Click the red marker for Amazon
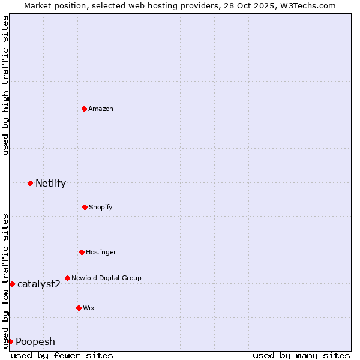[84, 109]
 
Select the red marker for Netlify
[30, 183]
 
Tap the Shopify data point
[85, 207]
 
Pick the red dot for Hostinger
[82, 252]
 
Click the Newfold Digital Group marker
[67, 278]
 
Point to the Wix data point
[79, 308]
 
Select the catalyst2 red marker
[12, 284]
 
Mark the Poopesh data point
[10, 341]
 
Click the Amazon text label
[101, 109]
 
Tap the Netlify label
[50, 183]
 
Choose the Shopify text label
[101, 207]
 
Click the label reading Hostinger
[101, 252]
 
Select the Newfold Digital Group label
[106, 278]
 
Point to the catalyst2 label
[39, 284]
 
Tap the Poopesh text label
[35, 341]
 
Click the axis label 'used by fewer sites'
[62, 355]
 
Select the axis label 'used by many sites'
[301, 355]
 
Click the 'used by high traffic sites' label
[5, 85]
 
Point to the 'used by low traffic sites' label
[5, 281]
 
